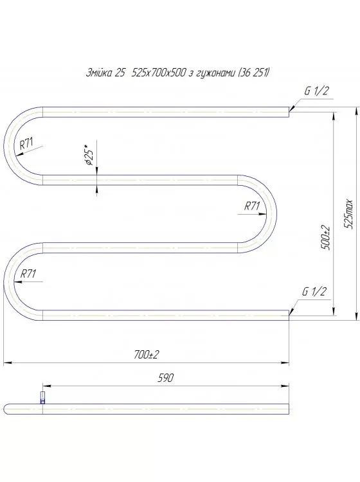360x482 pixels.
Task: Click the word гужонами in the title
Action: click(x=212, y=73)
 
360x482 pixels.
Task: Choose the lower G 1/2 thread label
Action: click(x=315, y=292)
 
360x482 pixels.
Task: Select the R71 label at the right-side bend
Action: click(x=251, y=206)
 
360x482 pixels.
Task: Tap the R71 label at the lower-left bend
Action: click(x=28, y=273)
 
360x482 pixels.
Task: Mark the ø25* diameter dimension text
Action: click(x=90, y=156)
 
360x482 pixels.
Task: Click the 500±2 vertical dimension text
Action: click(x=326, y=238)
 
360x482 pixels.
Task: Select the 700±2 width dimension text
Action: click(x=147, y=355)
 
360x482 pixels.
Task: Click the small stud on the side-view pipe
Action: click(x=43, y=396)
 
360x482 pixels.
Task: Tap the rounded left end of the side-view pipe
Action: click(x=6, y=406)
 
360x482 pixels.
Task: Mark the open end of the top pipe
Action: click(x=287, y=112)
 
